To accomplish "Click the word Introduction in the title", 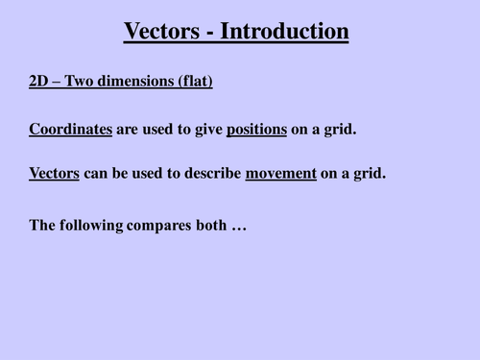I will tap(285, 32).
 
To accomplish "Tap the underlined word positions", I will tap(256, 129).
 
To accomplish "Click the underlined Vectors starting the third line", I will tap(55, 175).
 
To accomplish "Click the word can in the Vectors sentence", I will tap(99, 175).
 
